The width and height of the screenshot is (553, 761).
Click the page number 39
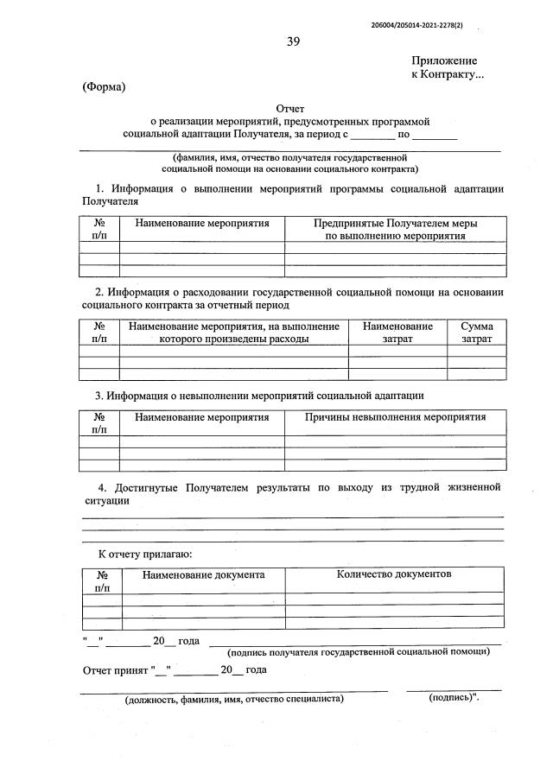294,42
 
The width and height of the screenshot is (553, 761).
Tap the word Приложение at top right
444,61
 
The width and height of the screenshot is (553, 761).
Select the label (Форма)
104,86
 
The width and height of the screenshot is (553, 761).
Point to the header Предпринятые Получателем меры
396,223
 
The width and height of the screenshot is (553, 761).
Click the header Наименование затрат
397,333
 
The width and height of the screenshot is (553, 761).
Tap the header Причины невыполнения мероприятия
396,417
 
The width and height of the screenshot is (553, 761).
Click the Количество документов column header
394,574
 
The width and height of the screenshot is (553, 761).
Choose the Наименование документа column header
204,574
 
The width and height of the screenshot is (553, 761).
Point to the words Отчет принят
114,669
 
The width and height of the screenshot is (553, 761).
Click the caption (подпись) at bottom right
454,698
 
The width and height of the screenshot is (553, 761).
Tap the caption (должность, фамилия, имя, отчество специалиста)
234,699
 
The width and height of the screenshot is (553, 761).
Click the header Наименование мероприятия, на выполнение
233,327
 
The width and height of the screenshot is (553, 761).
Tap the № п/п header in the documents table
102,580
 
